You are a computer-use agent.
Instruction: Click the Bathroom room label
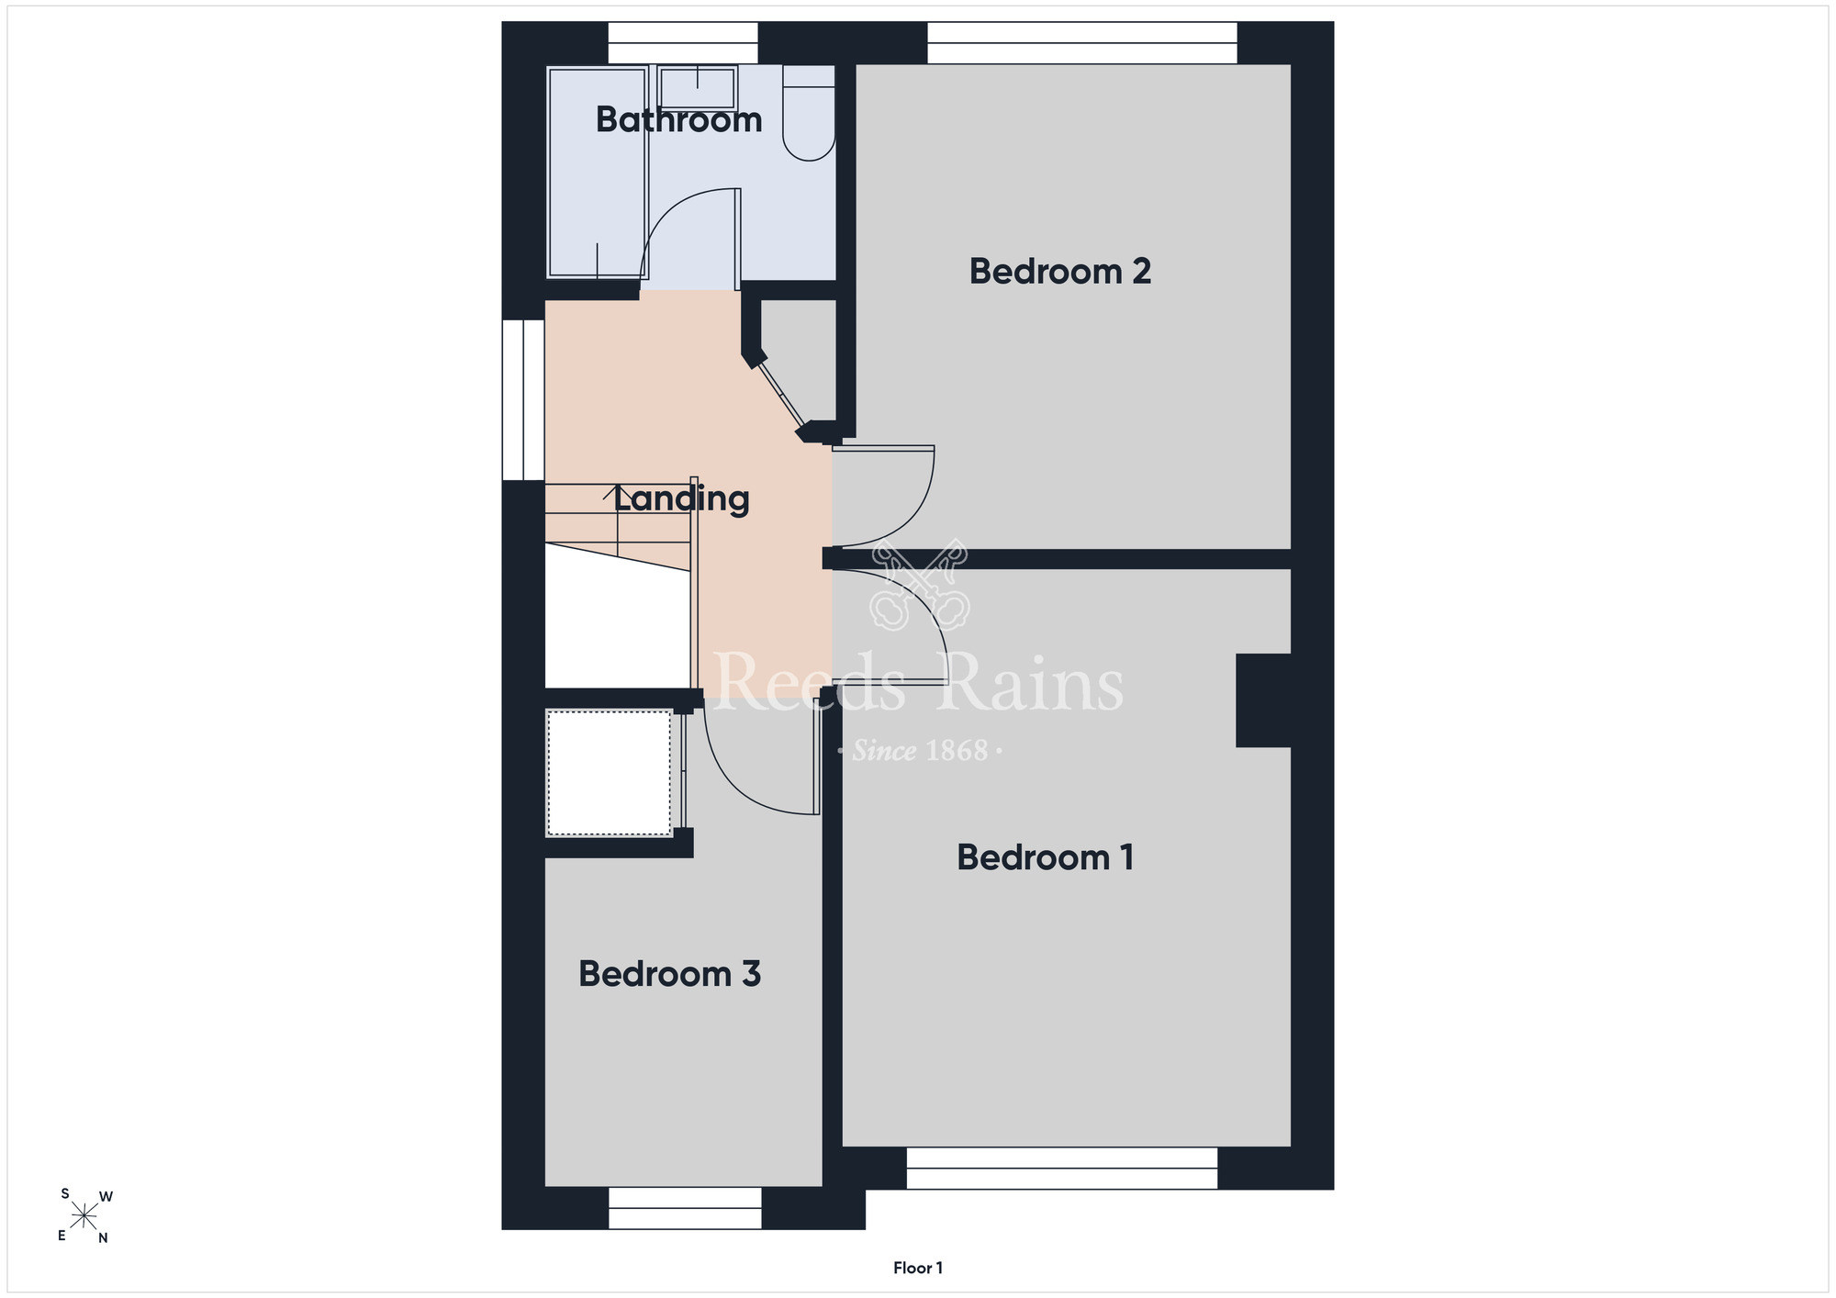coord(678,120)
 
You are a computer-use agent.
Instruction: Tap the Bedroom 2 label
coord(1060,272)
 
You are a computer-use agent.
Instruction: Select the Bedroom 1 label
coord(1045,857)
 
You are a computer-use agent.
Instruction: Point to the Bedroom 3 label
coord(669,974)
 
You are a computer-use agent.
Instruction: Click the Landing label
coord(681,499)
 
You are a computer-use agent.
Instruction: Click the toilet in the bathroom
coord(809,112)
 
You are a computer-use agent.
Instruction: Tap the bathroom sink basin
coord(698,89)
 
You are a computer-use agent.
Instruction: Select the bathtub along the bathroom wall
coord(598,172)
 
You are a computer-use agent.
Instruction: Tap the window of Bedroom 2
coord(1082,43)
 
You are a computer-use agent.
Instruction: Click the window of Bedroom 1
coord(1062,1168)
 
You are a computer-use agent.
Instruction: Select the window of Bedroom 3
coord(685,1208)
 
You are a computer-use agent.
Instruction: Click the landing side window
coord(523,399)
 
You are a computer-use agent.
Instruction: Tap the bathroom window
coord(683,43)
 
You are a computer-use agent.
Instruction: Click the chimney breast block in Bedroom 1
coord(1263,700)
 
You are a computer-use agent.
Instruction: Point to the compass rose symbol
coord(84,1216)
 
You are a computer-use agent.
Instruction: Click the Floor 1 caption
coord(918,1268)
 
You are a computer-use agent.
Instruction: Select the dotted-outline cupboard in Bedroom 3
coord(610,773)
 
